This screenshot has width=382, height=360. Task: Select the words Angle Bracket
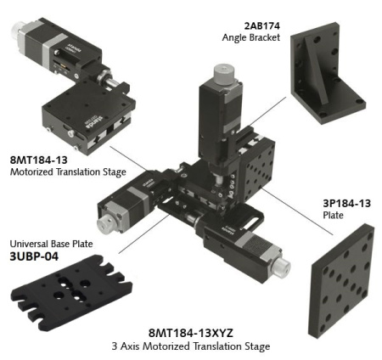coord(251,37)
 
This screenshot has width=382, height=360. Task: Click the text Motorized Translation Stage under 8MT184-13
coord(67,172)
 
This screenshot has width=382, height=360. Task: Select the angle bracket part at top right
coord(326,72)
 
